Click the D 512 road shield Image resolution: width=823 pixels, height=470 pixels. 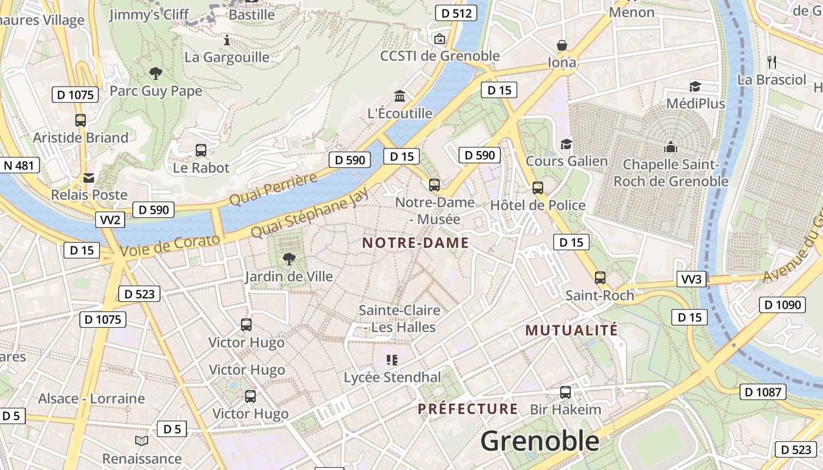coord(455,13)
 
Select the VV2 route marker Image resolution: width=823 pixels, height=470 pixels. coord(110,220)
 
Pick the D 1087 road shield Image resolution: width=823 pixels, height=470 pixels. coord(762,392)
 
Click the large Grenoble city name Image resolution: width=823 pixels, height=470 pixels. coord(540,441)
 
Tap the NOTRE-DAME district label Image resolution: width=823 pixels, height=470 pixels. coord(416,243)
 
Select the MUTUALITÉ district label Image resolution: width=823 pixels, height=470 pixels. coord(571,330)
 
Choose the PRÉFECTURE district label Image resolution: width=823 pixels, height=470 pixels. coord(468,409)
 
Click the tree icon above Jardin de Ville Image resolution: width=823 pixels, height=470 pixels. coord(289,258)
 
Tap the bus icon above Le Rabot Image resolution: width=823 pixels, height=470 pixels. coord(200,150)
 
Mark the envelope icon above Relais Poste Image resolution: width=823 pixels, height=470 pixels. coord(89,177)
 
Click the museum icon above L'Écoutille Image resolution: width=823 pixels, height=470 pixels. coord(400,96)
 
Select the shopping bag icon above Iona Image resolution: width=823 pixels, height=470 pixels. coord(562,45)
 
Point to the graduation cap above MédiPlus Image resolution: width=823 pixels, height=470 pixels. coord(695,86)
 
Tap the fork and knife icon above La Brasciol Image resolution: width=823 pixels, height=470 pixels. coord(772,62)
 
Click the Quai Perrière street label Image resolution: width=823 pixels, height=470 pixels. coord(273,190)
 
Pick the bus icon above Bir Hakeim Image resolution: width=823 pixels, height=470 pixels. coord(565,392)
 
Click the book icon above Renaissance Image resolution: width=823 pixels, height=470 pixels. coord(142,441)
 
